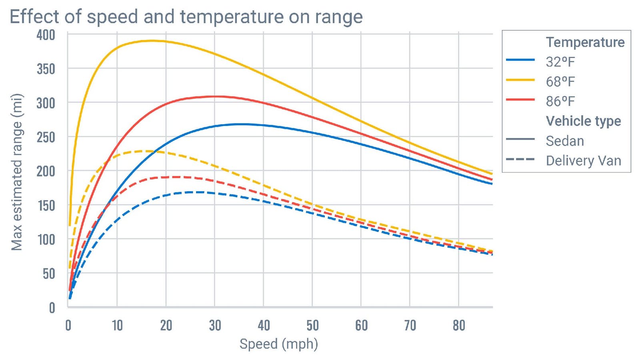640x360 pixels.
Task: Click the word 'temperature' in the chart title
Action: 232,17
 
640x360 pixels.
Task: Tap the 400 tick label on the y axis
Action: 46,35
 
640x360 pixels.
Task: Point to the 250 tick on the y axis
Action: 46,137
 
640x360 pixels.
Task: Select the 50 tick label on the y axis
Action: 49,274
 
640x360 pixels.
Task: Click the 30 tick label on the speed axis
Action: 215,326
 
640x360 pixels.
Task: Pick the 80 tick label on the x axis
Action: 459,326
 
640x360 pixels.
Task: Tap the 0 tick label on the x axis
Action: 68,326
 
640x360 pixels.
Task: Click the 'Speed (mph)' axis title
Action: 278,344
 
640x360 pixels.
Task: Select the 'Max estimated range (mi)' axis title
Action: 17,172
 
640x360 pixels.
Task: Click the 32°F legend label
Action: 560,62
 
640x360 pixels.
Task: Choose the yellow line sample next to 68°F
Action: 520,80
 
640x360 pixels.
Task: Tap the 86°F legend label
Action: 560,101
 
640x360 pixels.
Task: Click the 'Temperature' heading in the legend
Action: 585,42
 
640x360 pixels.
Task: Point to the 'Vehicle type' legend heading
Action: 583,121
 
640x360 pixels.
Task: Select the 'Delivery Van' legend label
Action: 583,161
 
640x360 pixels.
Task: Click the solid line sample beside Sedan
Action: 520,139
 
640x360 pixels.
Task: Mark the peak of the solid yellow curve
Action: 151,41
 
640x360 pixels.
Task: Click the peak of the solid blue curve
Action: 240,124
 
